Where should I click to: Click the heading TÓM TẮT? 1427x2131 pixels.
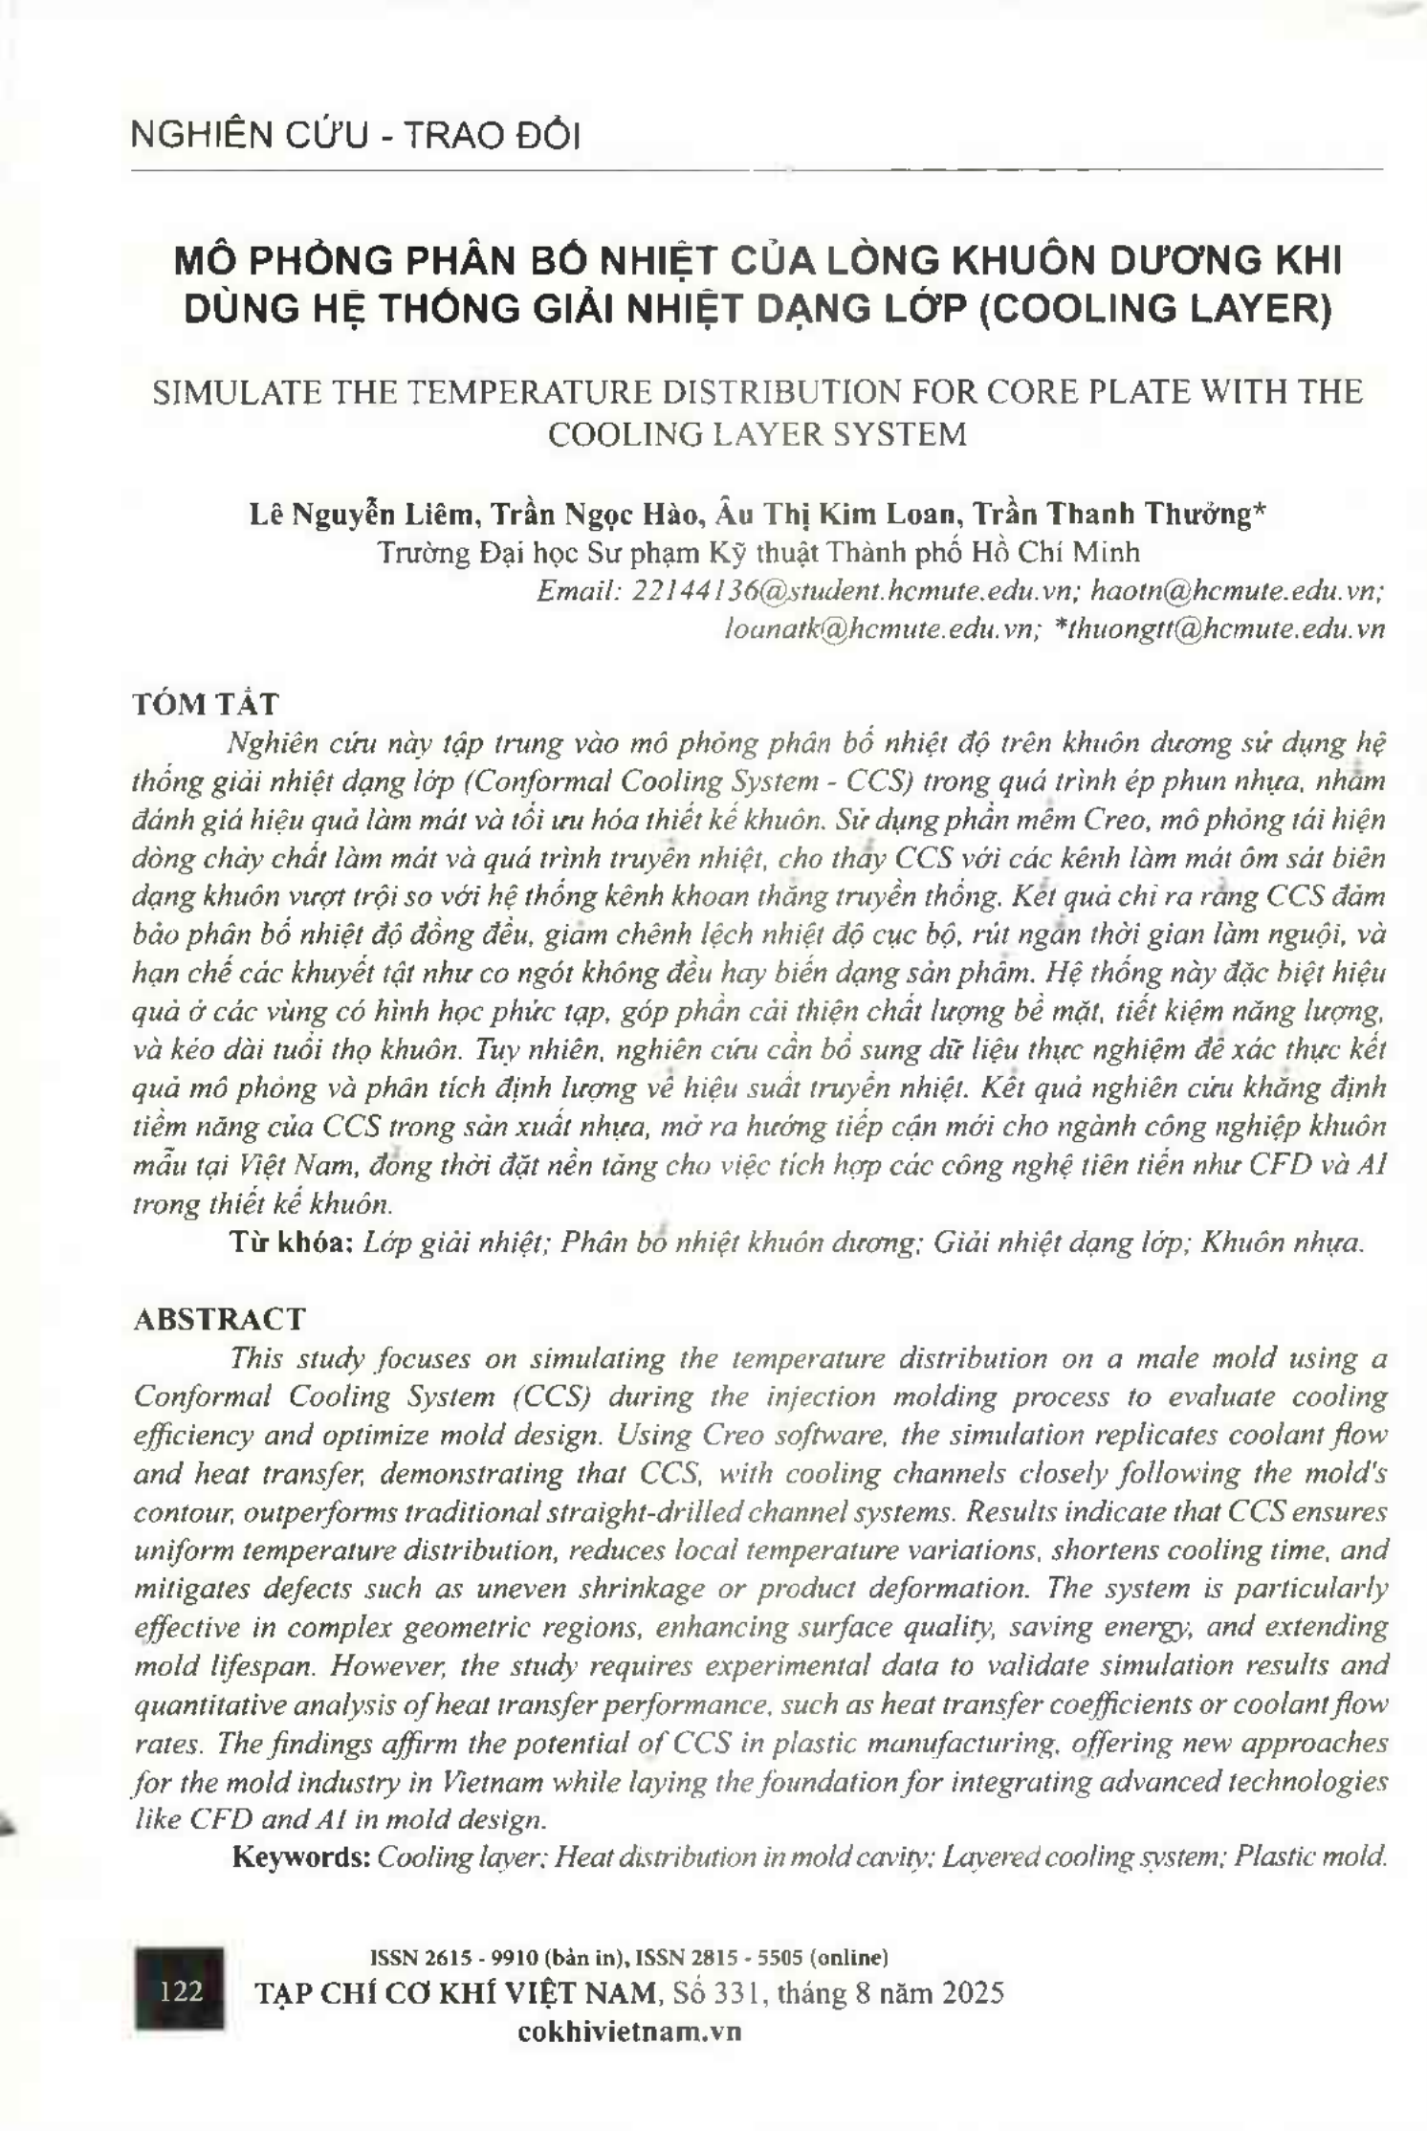coord(206,704)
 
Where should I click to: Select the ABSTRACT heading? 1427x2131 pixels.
coord(219,1319)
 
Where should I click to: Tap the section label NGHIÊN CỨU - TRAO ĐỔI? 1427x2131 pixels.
coord(356,137)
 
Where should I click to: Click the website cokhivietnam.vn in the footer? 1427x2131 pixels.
coord(629,2032)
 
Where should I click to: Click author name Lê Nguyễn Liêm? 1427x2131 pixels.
coord(362,515)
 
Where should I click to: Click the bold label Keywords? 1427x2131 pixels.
coord(301,1856)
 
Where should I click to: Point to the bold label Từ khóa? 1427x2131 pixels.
coord(293,1242)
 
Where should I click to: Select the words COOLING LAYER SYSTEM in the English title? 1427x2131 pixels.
coord(757,434)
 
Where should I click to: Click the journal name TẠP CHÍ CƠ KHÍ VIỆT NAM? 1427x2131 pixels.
coord(456,1993)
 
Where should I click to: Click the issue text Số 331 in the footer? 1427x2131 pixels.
coord(717,1993)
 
